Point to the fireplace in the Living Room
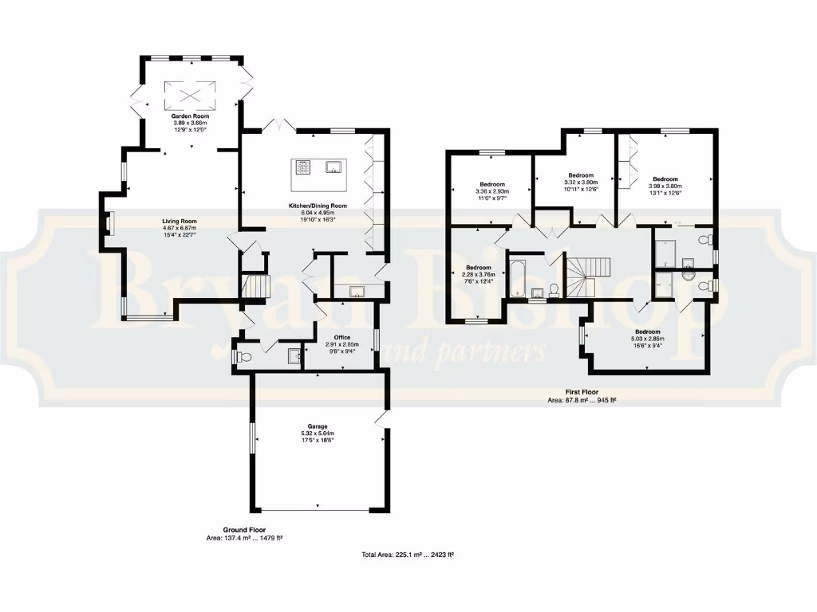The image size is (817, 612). [111, 223]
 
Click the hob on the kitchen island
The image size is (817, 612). [305, 167]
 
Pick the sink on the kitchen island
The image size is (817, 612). [334, 167]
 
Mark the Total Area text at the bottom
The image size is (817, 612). [408, 555]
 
